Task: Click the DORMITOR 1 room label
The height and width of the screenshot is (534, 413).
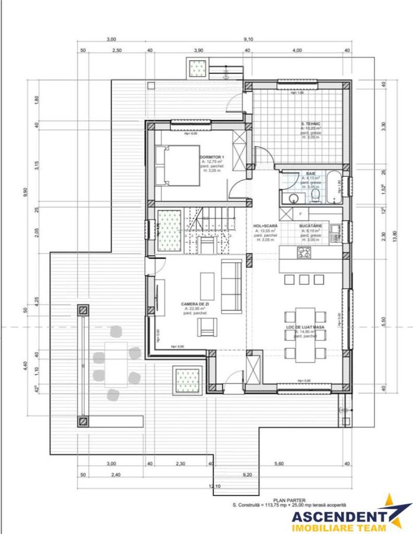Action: point(212,157)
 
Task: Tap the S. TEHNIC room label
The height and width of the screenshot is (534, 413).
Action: point(310,123)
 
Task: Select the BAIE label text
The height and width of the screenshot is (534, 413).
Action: point(310,173)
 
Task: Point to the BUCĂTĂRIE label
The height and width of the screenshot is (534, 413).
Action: point(311,226)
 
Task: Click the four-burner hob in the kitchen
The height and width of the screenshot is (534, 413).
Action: point(304,253)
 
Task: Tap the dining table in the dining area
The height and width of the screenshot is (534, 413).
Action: point(305,334)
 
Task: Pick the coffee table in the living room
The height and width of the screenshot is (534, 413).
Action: point(206,286)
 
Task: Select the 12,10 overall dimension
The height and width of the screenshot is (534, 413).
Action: point(212,487)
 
